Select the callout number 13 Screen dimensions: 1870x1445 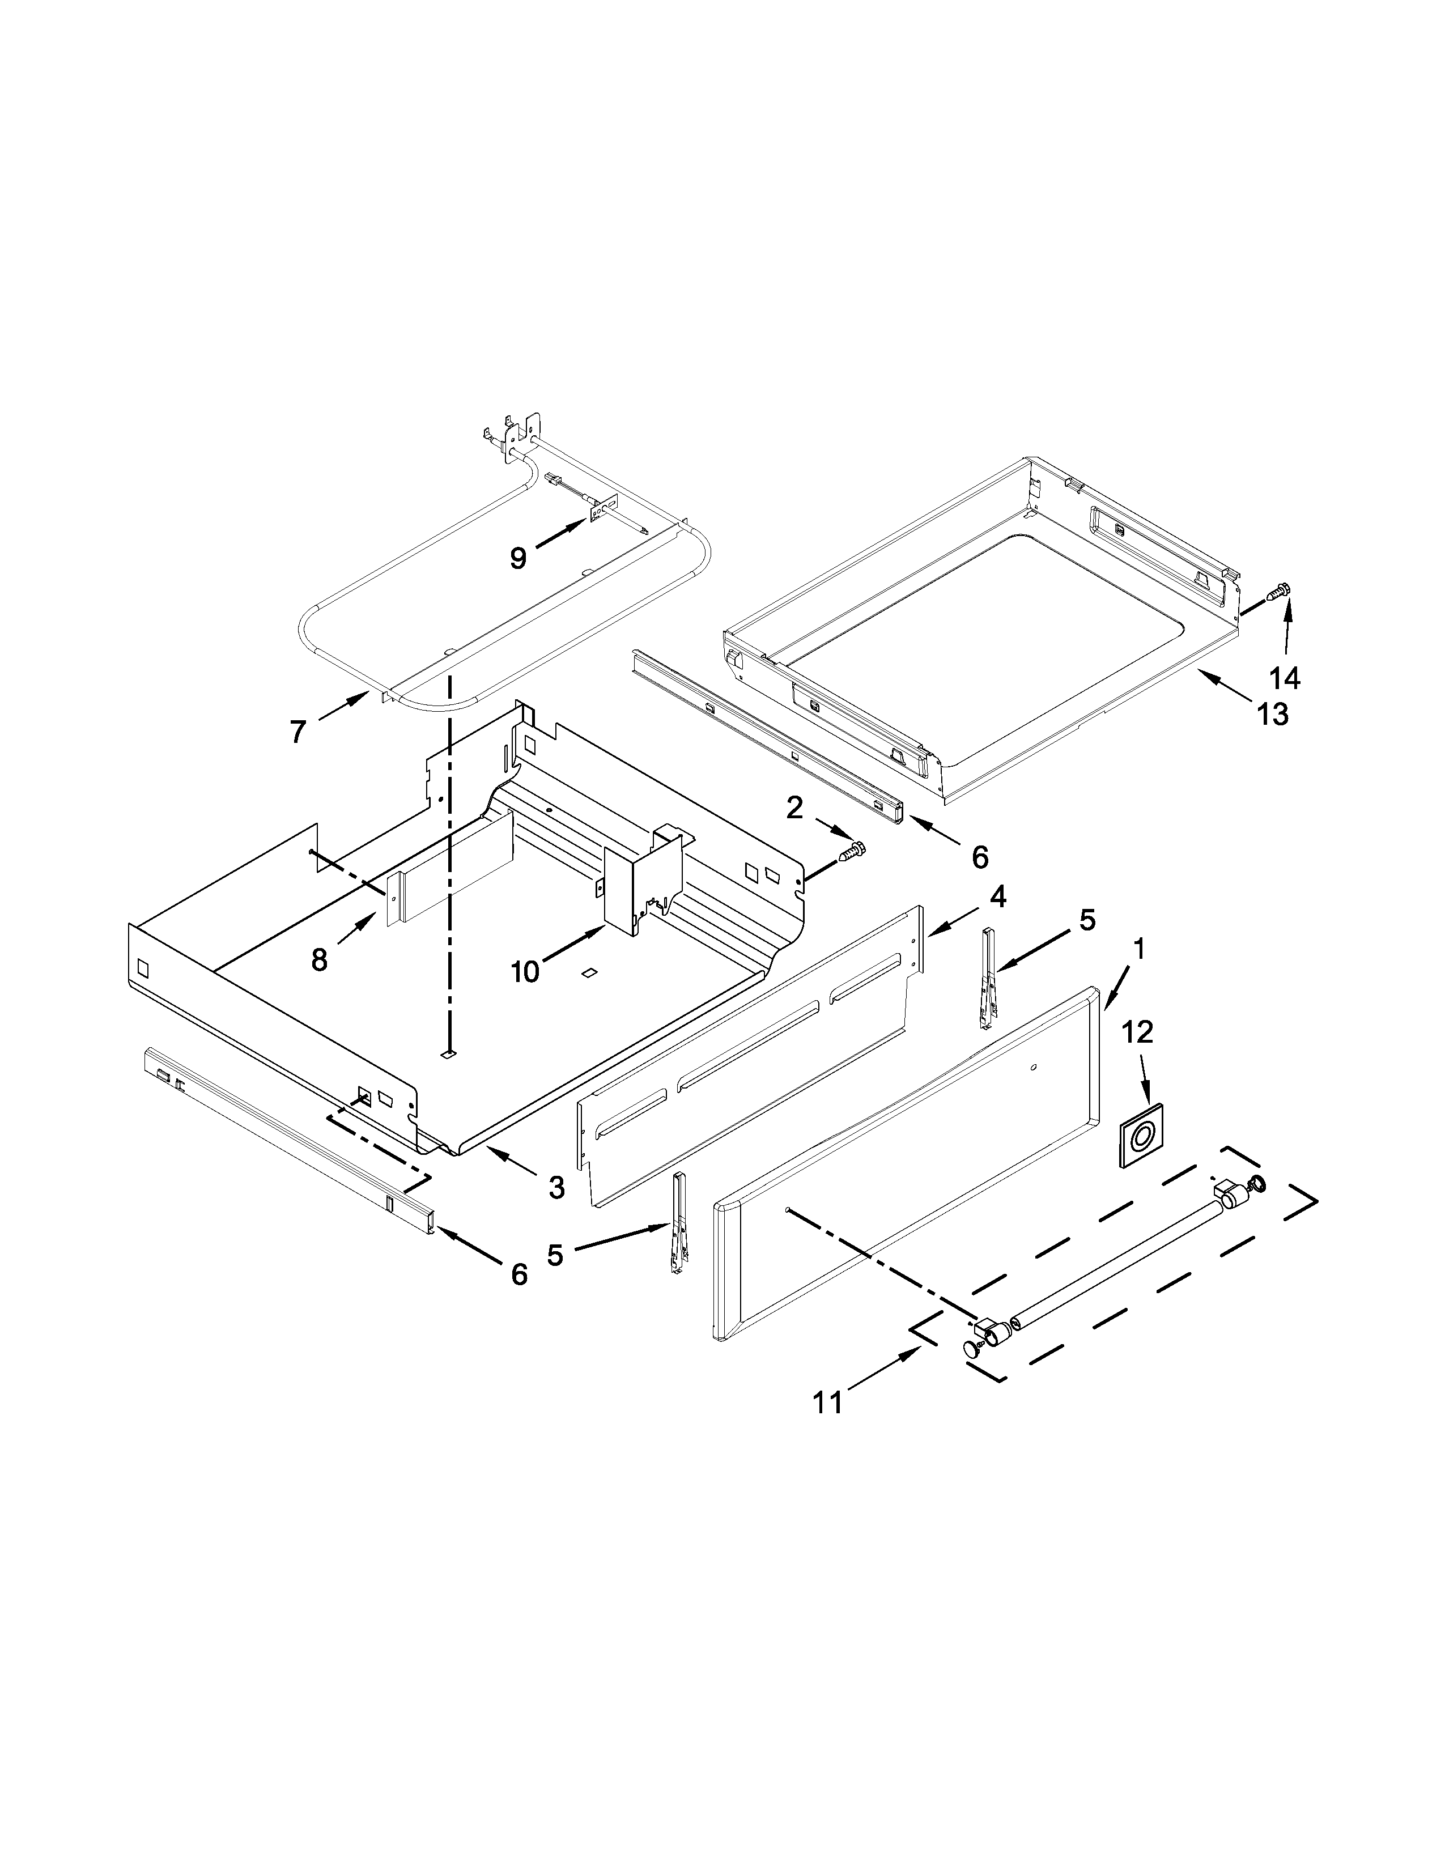click(x=1273, y=713)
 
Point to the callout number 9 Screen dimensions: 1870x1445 click(x=518, y=558)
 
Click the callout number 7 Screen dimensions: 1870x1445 click(x=297, y=732)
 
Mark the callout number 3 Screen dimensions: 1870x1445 click(x=556, y=1187)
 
